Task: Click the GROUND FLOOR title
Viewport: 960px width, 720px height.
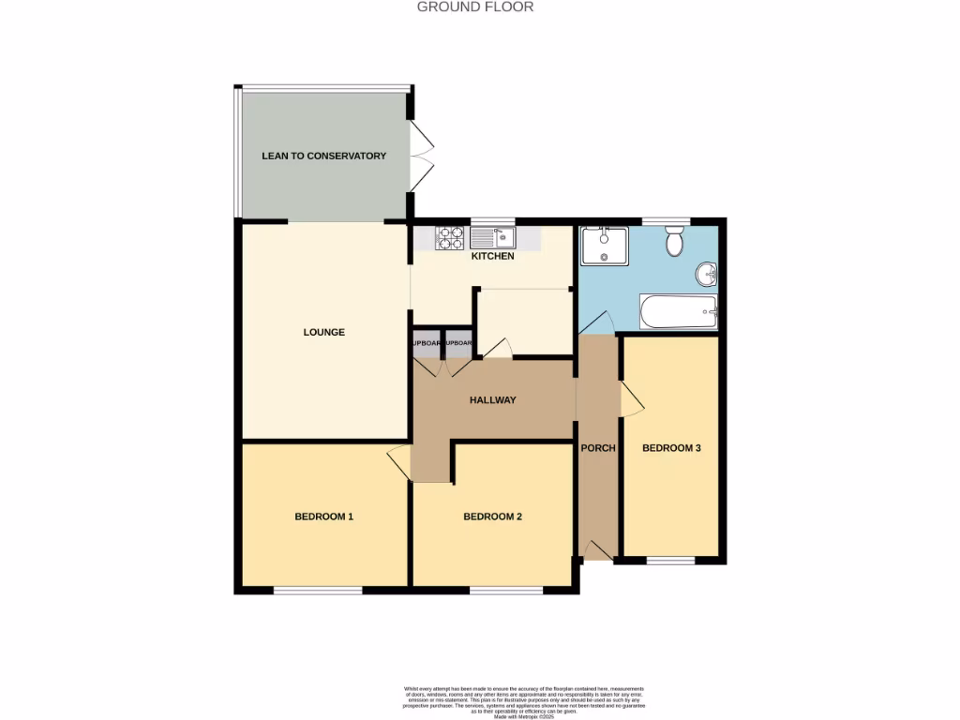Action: (x=474, y=7)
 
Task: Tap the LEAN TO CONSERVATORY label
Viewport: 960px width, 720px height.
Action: (x=323, y=156)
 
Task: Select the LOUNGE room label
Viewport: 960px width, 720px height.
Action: (x=323, y=332)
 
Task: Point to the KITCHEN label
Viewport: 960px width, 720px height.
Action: (x=492, y=256)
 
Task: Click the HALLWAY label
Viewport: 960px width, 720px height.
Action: (x=492, y=400)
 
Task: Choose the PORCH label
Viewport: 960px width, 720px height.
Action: (x=598, y=448)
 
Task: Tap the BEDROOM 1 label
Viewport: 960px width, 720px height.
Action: (x=323, y=517)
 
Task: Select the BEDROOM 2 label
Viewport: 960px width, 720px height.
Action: (x=492, y=517)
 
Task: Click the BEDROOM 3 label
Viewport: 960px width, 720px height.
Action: (x=671, y=448)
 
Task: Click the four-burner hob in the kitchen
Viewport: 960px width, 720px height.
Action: (x=450, y=238)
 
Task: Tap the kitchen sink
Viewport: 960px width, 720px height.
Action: (x=493, y=238)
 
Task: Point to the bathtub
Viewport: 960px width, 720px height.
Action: (x=678, y=312)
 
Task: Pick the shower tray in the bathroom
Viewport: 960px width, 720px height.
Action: (x=604, y=246)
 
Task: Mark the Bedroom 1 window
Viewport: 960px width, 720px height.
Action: (x=318, y=590)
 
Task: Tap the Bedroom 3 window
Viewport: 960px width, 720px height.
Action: (x=670, y=561)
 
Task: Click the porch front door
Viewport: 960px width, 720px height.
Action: (x=596, y=551)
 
